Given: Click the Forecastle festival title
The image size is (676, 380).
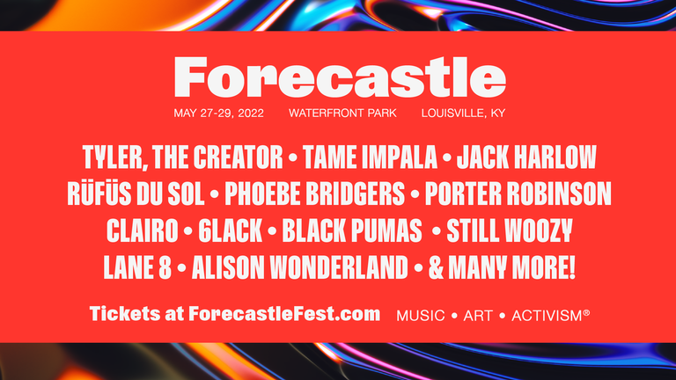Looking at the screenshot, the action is (x=340, y=77).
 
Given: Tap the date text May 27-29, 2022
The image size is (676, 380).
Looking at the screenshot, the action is (x=218, y=113).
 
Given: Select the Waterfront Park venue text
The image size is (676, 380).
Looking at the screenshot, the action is (x=342, y=113).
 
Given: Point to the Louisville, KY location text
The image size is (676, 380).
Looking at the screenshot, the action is (x=464, y=113).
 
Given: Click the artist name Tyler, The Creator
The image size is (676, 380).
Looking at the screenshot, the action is (x=183, y=157).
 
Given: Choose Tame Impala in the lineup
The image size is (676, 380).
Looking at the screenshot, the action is (x=370, y=157).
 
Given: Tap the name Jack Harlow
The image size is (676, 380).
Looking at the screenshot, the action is (x=526, y=157).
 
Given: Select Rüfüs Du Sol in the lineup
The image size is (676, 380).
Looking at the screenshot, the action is (x=136, y=193).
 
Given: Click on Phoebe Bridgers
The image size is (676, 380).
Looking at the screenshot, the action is (x=315, y=194).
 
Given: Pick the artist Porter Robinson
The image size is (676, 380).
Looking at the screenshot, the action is (x=518, y=194).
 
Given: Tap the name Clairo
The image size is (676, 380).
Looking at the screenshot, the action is (x=143, y=231).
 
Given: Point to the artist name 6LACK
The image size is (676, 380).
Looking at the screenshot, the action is (x=231, y=231).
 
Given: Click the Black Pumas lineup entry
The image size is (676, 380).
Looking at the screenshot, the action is (x=352, y=231).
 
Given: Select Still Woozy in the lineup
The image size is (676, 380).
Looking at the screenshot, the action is (x=510, y=231).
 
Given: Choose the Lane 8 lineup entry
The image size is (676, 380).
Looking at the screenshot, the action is (x=137, y=267).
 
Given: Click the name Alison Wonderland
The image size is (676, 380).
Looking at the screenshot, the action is (x=299, y=267).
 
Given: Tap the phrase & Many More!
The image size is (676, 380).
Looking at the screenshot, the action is (x=502, y=267).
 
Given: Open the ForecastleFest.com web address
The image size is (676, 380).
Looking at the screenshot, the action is (x=284, y=314).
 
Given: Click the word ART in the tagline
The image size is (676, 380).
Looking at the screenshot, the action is (x=478, y=316).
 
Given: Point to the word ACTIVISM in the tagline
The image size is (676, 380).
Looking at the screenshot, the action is (x=547, y=316).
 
